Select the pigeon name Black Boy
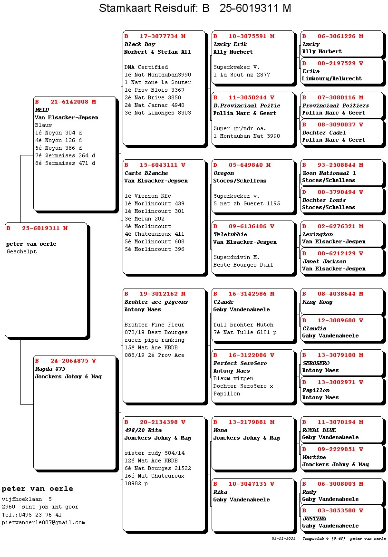pyautogui.click(x=140, y=44)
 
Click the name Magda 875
pyautogui.click(x=50, y=369)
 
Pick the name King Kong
pyautogui.click(x=318, y=302)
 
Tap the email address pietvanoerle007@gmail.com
pyautogui.click(x=43, y=522)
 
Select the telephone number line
pyautogui.click(x=31, y=515)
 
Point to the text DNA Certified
pyautogui.click(x=146, y=67)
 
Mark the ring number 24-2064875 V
pyautogui.click(x=66, y=361)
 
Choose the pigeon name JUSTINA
pyautogui.click(x=314, y=519)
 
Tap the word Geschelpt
pyautogui.click(x=21, y=251)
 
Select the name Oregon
pyautogui.click(x=223, y=173)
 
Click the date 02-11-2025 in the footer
pyautogui.click(x=284, y=538)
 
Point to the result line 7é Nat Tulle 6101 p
pyautogui.click(x=245, y=332)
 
